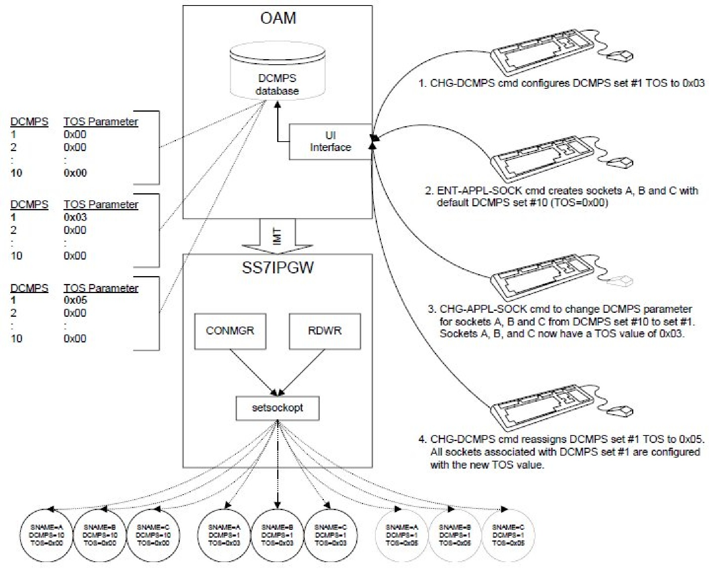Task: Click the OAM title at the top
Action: click(x=278, y=19)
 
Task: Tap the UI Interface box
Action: click(x=330, y=142)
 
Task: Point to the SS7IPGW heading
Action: click(x=278, y=268)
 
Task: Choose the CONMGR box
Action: click(x=230, y=331)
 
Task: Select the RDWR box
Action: click(x=325, y=331)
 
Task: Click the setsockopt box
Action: click(x=277, y=408)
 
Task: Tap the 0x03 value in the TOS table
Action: click(x=75, y=217)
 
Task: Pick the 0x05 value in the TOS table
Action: click(x=75, y=300)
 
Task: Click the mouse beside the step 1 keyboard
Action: click(x=620, y=56)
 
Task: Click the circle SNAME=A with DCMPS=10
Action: click(x=47, y=535)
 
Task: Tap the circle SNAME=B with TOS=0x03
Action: click(x=277, y=535)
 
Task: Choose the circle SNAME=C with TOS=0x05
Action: click(x=508, y=535)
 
